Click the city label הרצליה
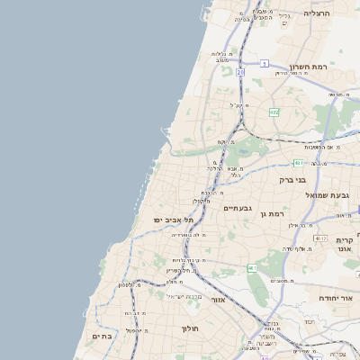click(318, 13)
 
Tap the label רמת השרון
click(311, 66)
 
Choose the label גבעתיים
click(238, 208)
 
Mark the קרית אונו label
click(346, 245)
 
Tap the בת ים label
click(103, 336)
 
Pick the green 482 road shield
click(274, 112)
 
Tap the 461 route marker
click(253, 268)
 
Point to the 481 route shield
click(298, 163)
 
